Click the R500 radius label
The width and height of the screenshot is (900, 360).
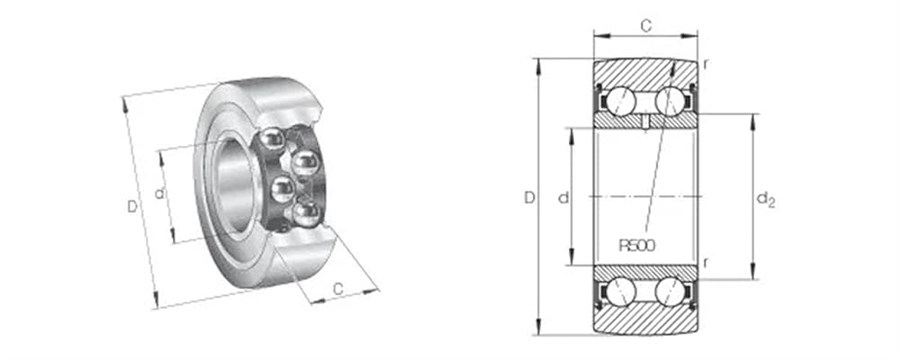point(636,246)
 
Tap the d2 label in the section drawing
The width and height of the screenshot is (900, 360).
point(766,199)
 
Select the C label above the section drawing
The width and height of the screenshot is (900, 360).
point(645,25)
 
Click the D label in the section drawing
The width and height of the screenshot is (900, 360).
point(529,198)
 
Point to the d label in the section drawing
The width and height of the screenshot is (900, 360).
point(563,198)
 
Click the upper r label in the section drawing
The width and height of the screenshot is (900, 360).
point(705,64)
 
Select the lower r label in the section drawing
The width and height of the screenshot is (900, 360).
point(705,263)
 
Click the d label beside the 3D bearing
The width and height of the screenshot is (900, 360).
point(159,193)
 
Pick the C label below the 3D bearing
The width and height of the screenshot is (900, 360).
point(338,289)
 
